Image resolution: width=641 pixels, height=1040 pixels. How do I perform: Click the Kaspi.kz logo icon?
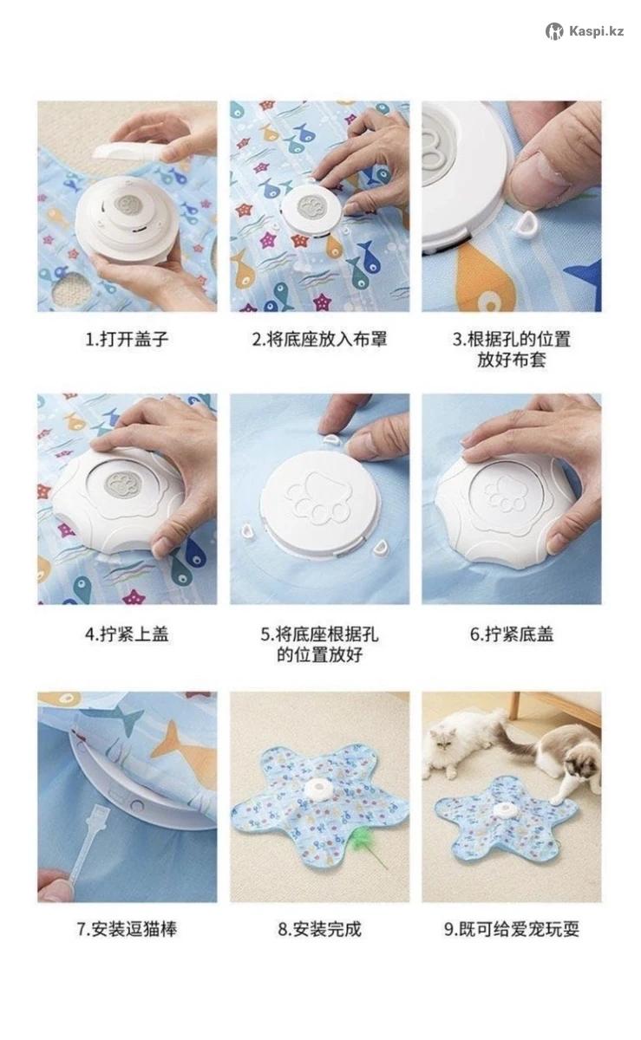tap(554, 31)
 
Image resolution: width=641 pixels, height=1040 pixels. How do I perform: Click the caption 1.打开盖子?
tap(127, 340)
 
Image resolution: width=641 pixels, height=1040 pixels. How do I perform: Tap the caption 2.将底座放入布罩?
tap(319, 340)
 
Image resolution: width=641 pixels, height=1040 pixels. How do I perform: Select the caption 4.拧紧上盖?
tap(127, 634)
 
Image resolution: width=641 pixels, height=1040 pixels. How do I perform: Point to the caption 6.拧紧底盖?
tap(512, 634)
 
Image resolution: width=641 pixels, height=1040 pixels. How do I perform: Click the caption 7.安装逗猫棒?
tap(127, 929)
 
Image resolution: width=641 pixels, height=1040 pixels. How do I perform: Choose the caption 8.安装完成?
tap(319, 929)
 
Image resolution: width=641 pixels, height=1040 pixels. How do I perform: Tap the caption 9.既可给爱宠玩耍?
tap(512, 929)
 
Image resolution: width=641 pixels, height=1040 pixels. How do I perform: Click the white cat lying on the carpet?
tap(461, 743)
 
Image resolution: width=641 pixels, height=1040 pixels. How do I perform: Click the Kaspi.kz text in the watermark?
tap(597, 31)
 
